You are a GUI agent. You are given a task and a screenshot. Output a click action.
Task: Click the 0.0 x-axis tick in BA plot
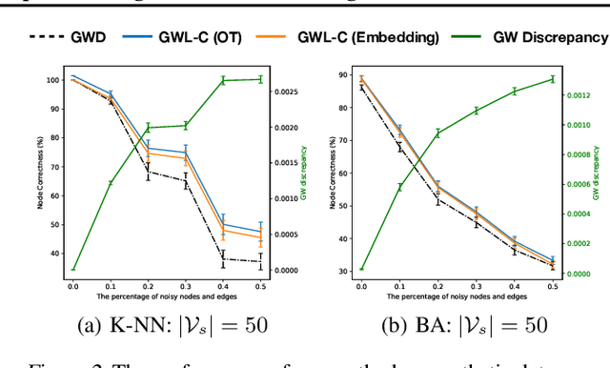point(362,285)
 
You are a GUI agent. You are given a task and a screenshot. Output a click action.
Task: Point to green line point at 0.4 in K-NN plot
point(222,81)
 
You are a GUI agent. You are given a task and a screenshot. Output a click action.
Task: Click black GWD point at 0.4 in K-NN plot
point(222,257)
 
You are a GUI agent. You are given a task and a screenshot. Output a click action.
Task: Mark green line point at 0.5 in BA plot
point(551,79)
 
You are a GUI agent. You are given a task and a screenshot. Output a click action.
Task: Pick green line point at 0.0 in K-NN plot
point(72,270)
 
